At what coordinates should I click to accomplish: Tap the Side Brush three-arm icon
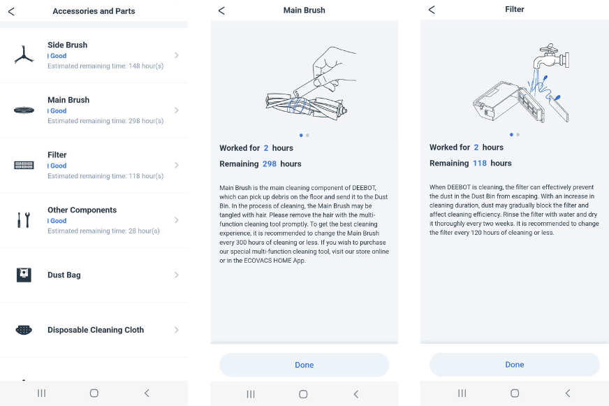(24, 55)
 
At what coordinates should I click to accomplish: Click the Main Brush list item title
(68, 100)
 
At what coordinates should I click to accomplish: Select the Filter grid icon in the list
(24, 165)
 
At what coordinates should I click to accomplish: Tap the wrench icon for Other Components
(24, 220)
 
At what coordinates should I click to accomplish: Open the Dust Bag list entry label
(64, 275)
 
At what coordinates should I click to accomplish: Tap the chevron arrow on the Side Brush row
(176, 55)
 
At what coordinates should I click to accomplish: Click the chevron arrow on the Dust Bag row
(176, 275)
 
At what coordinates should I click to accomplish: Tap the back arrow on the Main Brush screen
(221, 10)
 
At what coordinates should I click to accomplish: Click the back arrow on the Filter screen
(431, 10)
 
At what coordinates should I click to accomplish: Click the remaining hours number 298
(270, 164)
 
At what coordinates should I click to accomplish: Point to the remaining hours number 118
(479, 163)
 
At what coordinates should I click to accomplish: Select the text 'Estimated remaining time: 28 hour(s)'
(103, 231)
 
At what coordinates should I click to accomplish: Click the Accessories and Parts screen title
(94, 11)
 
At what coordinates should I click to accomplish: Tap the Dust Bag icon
(24, 275)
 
